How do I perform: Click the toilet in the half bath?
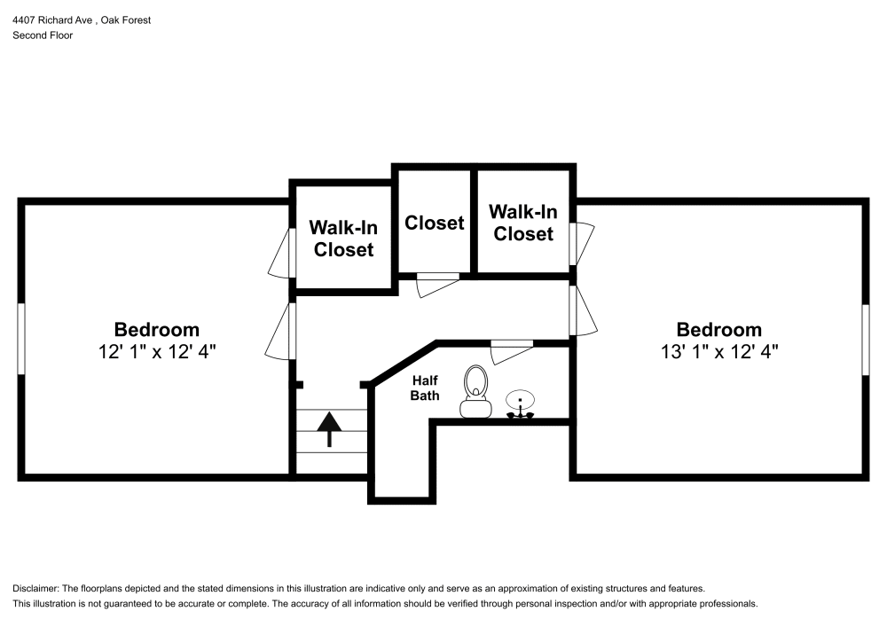475,392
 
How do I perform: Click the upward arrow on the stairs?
330,428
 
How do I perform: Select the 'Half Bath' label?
425,388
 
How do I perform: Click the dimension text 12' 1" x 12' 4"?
157,351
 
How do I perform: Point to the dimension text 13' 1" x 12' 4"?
718,351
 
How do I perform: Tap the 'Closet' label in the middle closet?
435,223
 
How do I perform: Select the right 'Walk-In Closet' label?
523,223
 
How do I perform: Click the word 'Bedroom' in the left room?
157,329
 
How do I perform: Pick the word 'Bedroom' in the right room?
718,329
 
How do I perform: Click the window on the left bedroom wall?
20,340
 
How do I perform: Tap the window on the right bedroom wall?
866,340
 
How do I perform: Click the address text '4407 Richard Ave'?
53,20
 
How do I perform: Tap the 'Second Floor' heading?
43,35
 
